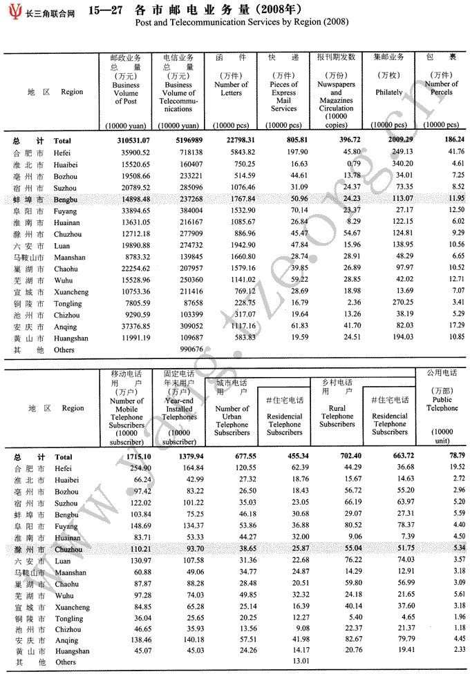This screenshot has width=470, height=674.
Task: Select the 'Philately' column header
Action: (388, 92)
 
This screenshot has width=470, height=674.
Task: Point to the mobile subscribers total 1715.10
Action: (128, 456)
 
